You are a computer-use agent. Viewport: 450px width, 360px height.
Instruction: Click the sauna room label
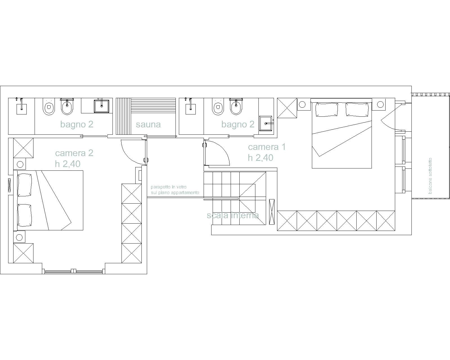[x=148, y=125]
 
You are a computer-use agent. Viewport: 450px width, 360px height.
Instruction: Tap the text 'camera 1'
[x=267, y=147]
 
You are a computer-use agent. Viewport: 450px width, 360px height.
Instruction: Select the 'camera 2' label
[x=74, y=153]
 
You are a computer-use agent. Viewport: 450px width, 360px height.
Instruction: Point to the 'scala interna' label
[x=233, y=215]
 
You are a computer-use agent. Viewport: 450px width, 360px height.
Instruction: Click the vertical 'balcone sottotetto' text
[x=430, y=176]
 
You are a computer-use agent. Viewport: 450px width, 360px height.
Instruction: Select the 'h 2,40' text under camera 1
[x=260, y=158]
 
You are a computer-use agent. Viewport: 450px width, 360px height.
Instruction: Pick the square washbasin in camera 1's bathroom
[x=266, y=123]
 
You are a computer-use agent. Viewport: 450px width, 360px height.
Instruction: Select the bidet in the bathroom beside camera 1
[x=236, y=107]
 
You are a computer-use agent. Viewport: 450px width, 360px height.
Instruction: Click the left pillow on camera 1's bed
[x=327, y=109]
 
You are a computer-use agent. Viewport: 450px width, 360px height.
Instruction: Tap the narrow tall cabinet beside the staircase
[x=272, y=212]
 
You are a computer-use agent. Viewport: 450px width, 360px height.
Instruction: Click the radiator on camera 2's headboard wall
[x=9, y=185]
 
